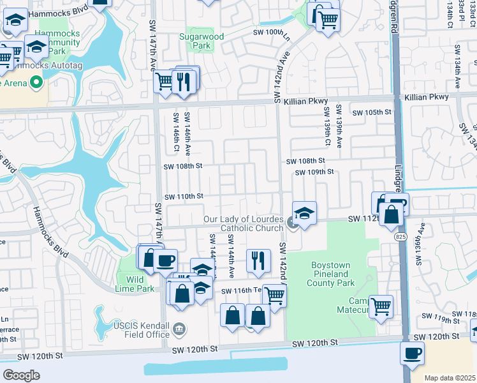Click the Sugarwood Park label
(x=202, y=41)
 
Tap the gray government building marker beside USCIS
(x=180, y=329)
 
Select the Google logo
(x=21, y=375)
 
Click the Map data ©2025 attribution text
(x=450, y=378)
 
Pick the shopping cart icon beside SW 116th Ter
(x=274, y=295)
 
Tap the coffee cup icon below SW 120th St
(x=413, y=353)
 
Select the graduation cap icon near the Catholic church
(x=305, y=213)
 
